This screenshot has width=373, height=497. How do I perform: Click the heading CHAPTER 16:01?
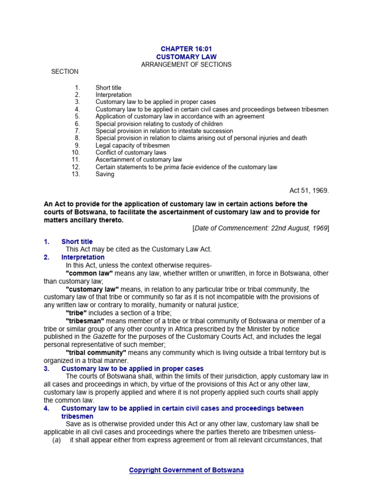pyautogui.click(x=186, y=49)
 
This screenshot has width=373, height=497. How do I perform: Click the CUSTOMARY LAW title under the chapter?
pyautogui.click(x=186, y=57)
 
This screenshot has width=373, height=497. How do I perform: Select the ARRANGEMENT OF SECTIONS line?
pyautogui.click(x=186, y=65)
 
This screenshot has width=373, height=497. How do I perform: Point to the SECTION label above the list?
pyautogui.click(x=65, y=72)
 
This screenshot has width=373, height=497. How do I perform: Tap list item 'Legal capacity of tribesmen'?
pyautogui.click(x=133, y=145)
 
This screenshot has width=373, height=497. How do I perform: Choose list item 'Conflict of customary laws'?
pyautogui.click(x=131, y=152)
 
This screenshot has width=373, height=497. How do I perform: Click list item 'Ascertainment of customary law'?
pyautogui.click(x=138, y=160)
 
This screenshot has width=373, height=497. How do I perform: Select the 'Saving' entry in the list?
pyautogui.click(x=105, y=174)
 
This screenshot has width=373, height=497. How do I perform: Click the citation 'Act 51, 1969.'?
pyautogui.click(x=309, y=191)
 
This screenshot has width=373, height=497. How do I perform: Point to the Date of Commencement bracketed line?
pyautogui.click(x=261, y=228)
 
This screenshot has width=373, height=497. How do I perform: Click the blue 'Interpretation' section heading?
pyautogui.click(x=83, y=257)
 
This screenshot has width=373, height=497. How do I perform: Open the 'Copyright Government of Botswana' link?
pyautogui.click(x=186, y=470)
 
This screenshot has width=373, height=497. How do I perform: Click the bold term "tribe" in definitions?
pyautogui.click(x=77, y=313)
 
